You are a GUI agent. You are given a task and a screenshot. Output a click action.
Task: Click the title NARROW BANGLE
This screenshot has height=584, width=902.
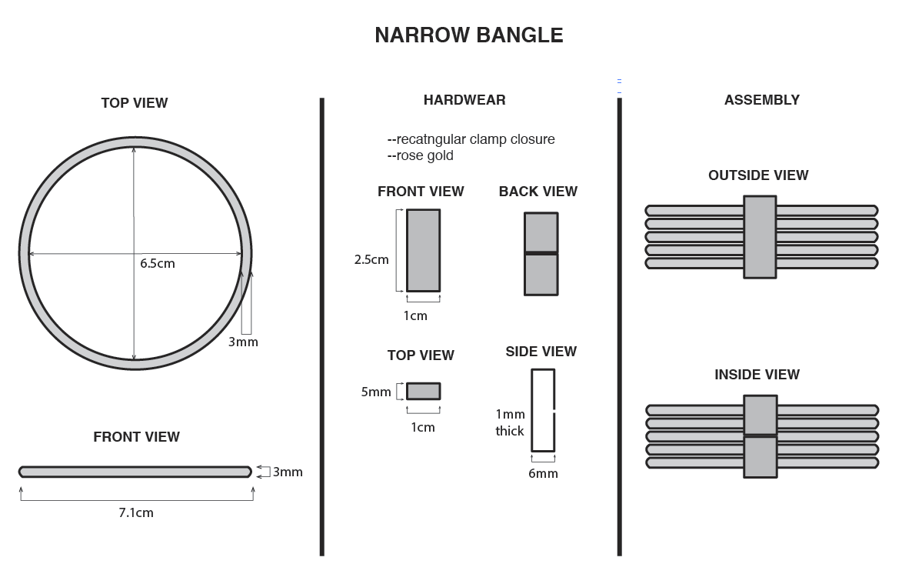(468, 35)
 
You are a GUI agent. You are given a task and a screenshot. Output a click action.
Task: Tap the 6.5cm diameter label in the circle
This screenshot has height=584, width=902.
(158, 263)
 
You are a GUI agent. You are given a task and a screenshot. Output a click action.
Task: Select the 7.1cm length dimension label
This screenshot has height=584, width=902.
(136, 512)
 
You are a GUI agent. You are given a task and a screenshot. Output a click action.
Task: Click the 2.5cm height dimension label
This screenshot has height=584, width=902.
(371, 260)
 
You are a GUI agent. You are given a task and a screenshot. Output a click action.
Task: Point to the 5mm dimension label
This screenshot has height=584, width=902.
(376, 392)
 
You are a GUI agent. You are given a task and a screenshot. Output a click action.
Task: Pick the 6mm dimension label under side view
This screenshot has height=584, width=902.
(543, 473)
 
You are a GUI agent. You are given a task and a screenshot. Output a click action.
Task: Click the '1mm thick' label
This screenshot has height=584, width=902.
(510, 422)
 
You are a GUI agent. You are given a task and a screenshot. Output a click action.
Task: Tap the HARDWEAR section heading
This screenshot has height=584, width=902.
(464, 100)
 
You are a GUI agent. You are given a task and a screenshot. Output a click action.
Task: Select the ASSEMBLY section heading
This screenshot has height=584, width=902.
(761, 100)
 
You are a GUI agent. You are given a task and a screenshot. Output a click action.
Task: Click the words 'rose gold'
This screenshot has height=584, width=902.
(424, 156)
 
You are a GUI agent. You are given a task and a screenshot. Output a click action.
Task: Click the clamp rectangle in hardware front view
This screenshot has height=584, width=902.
(423, 250)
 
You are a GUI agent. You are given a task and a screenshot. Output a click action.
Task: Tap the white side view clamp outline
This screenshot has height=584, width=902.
(543, 410)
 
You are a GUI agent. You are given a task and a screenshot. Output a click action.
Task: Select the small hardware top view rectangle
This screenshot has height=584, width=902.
(423, 391)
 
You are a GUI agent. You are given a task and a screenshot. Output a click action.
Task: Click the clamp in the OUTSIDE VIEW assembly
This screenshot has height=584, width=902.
(760, 236)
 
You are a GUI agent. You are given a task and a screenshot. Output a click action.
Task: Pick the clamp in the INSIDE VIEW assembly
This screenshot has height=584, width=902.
(760, 436)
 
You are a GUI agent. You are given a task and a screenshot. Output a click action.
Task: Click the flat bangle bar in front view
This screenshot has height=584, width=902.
(135, 472)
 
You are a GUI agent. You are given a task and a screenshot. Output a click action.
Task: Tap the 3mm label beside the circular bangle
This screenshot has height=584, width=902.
(243, 342)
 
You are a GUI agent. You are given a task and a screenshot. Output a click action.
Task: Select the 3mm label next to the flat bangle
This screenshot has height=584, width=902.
(288, 472)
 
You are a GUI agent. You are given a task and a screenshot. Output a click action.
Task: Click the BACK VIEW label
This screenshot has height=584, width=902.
(538, 192)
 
